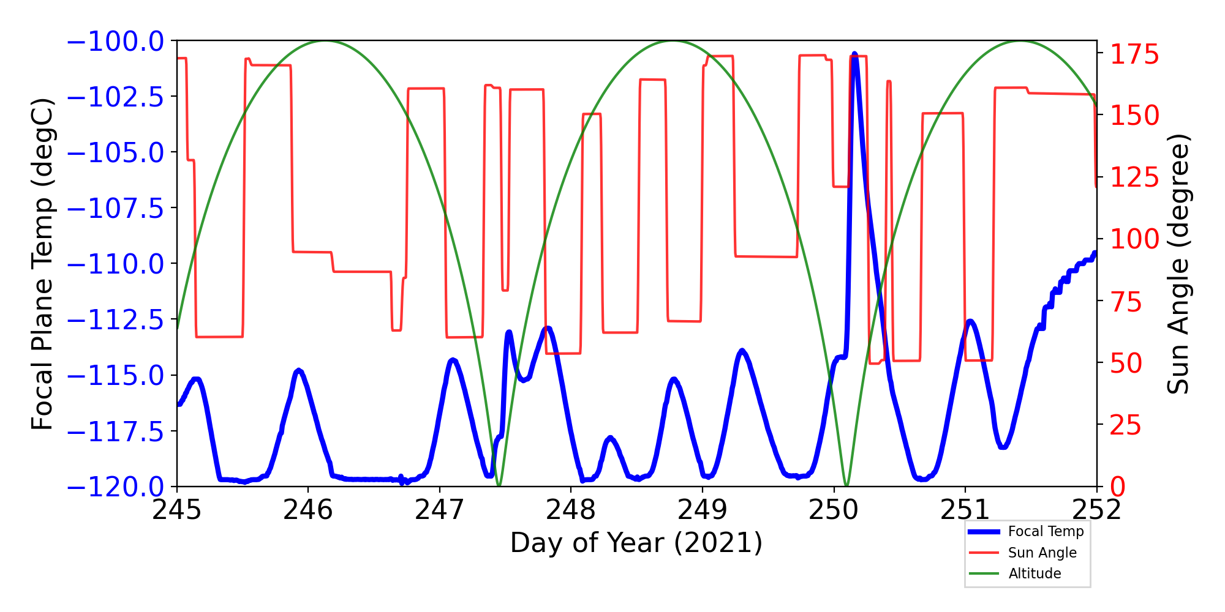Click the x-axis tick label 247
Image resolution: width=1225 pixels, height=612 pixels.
[439, 510]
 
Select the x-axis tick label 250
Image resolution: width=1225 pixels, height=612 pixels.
[834, 510]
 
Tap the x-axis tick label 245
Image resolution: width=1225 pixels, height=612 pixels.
[176, 510]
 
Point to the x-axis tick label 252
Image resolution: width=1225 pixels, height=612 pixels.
[1096, 510]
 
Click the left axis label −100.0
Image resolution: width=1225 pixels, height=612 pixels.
[115, 42]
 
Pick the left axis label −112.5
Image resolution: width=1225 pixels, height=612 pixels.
[115, 320]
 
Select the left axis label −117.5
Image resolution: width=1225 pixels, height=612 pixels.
[115, 432]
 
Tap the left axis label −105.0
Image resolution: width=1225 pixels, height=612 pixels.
[115, 153]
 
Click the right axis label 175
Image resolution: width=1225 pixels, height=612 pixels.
[1135, 55]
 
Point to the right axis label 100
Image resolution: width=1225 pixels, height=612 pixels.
[1135, 239]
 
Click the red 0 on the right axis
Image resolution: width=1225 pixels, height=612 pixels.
[1118, 487]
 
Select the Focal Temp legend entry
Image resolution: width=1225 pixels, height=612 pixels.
[1046, 531]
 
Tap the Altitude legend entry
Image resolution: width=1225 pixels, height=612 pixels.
[1035, 573]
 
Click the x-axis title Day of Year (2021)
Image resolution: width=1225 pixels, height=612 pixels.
[636, 543]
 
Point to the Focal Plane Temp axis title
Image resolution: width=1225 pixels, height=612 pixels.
[43, 264]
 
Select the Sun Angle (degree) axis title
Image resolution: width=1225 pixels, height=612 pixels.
[1177, 264]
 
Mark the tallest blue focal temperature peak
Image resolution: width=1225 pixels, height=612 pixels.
[854, 54]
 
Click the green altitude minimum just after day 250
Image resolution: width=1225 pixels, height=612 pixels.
[846, 485]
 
